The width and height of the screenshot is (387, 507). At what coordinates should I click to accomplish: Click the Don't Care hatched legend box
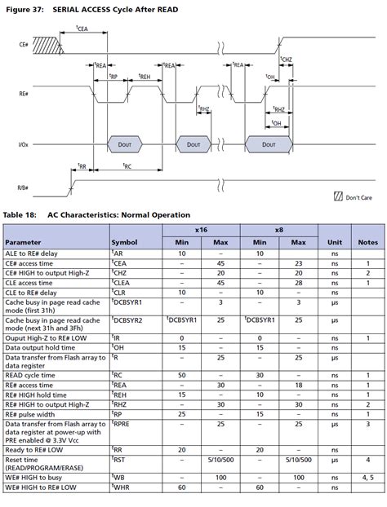pos(338,197)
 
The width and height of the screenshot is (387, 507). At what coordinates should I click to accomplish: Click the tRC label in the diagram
pos(127,166)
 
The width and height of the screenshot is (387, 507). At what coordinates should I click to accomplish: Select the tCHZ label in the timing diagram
pos(286,60)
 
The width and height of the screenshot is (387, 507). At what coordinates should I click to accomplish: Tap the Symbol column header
pos(124,243)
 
